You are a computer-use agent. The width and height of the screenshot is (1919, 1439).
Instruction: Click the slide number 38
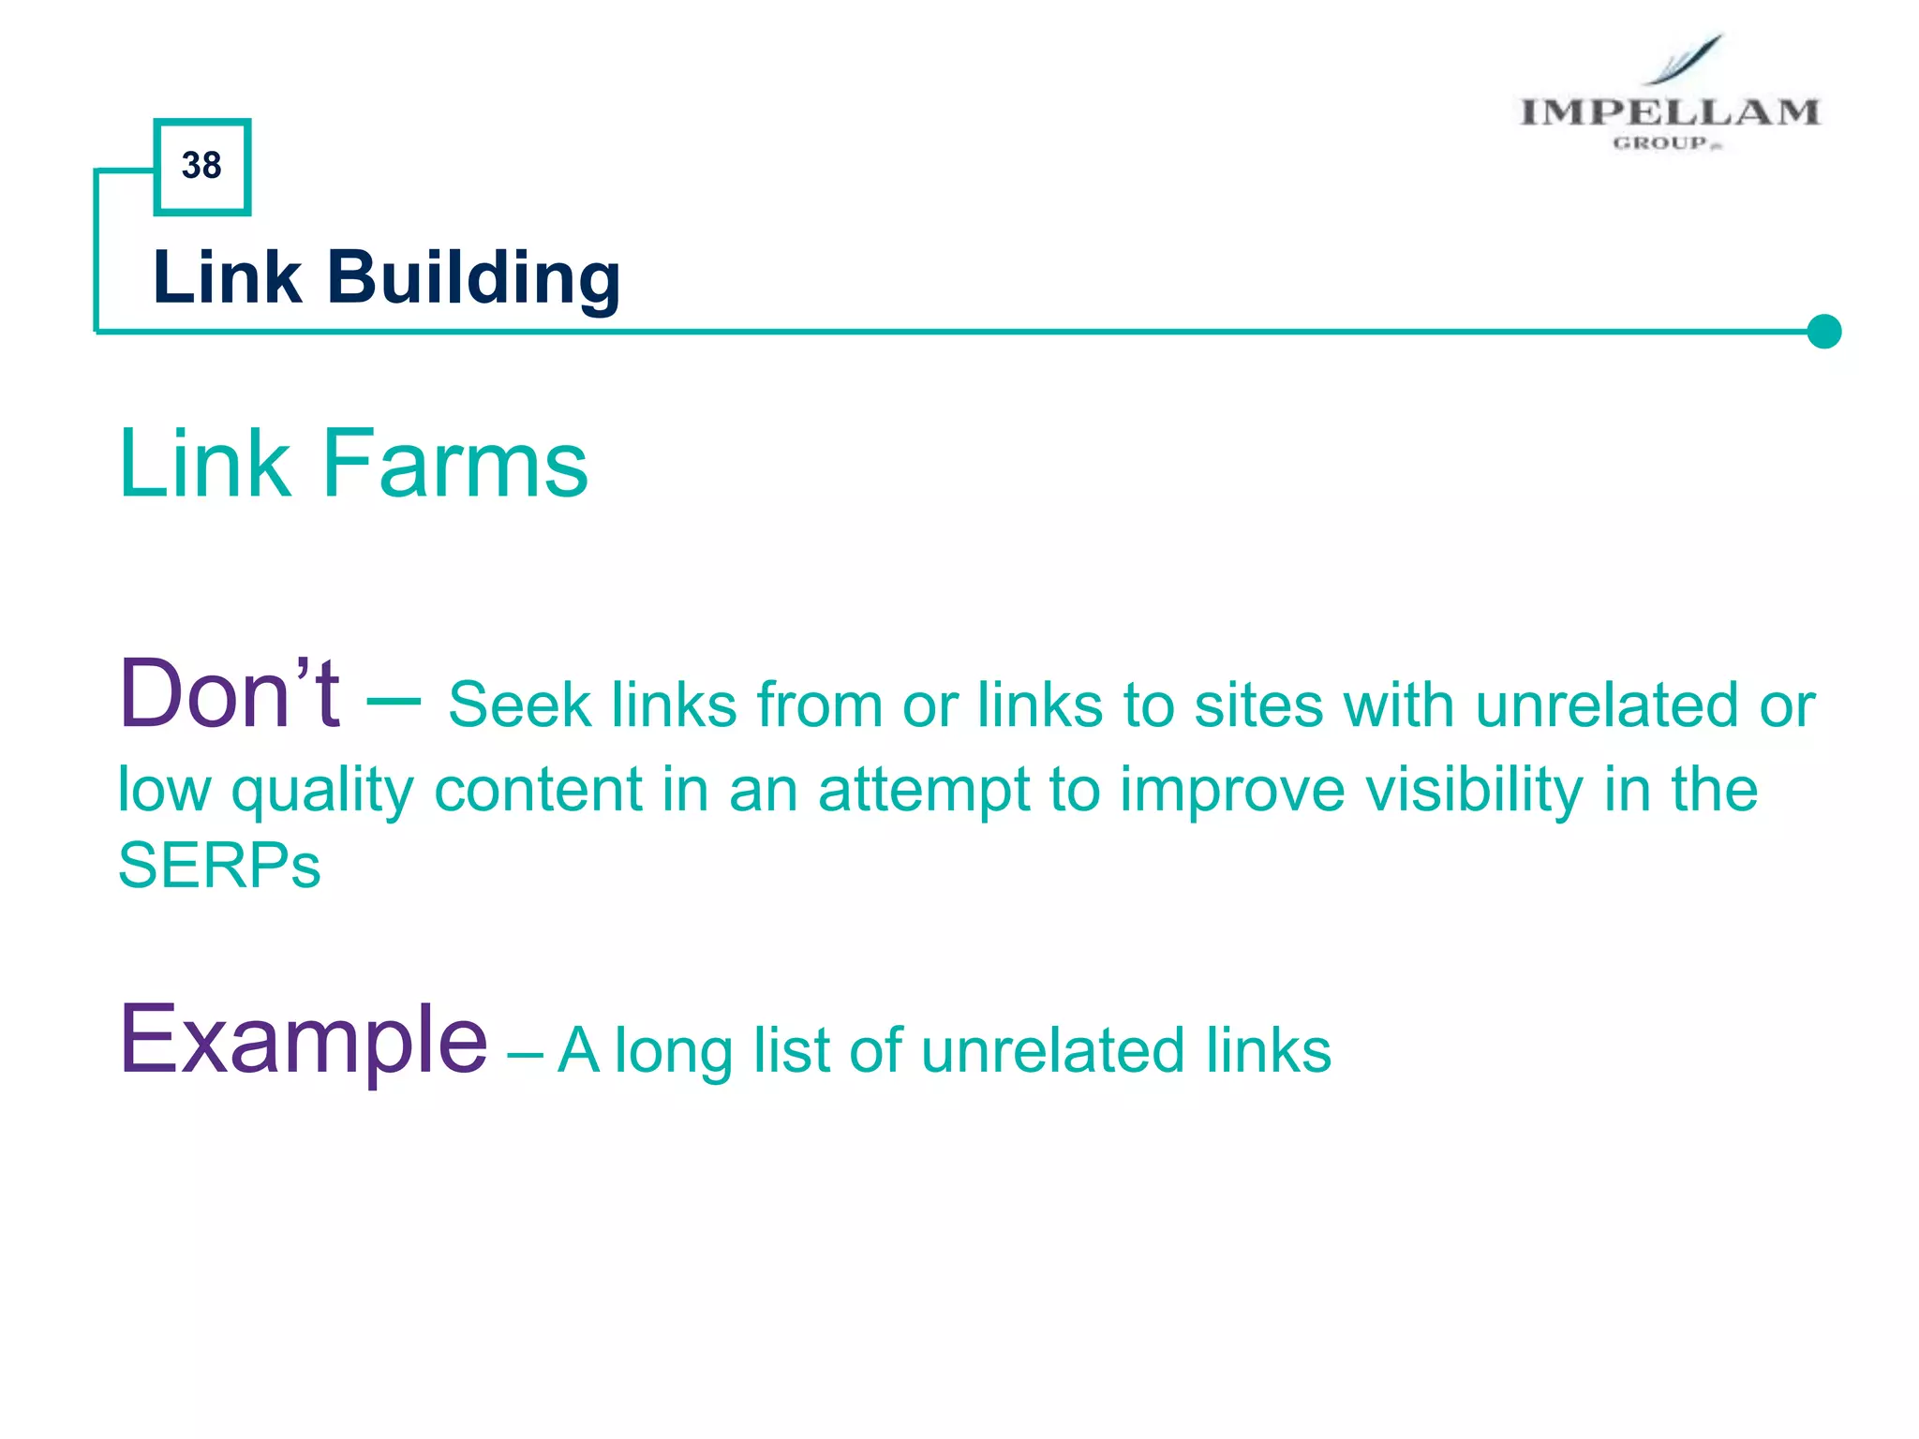201,166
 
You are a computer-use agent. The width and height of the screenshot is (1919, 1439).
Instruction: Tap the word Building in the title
473,278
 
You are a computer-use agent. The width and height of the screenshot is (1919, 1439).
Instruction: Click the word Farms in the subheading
455,464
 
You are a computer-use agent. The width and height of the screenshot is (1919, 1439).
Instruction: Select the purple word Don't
230,695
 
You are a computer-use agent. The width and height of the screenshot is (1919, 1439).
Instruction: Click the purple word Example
303,1040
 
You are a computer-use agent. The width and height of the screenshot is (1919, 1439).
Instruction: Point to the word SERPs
219,866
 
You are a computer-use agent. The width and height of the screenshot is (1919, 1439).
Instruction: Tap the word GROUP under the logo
1660,143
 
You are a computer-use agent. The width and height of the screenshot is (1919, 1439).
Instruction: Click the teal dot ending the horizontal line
1823,331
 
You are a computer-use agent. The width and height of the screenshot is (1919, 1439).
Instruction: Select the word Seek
519,705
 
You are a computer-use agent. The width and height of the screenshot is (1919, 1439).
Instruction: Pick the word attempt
923,791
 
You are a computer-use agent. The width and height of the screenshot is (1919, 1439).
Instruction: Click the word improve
1232,791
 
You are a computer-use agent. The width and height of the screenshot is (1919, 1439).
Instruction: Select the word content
538,789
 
